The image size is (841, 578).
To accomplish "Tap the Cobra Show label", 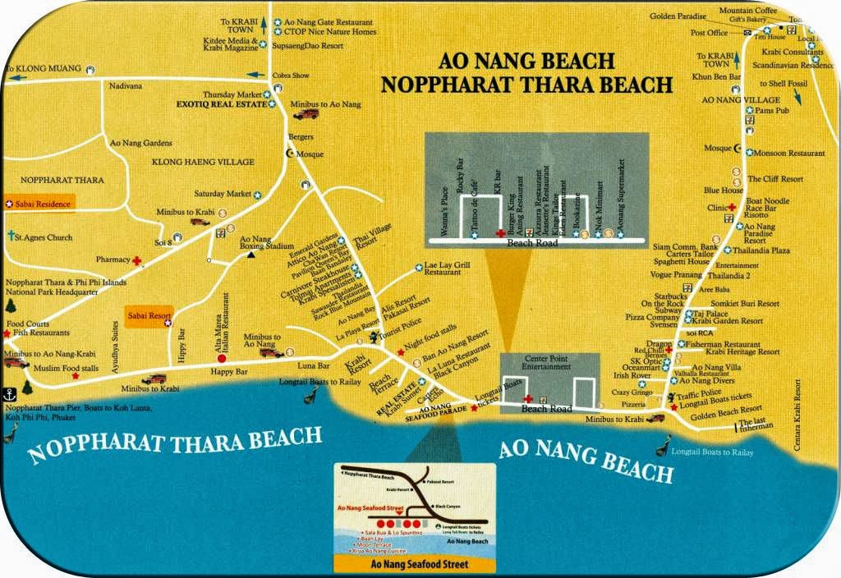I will click(292, 76).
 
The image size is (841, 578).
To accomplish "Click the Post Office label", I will click(708, 34).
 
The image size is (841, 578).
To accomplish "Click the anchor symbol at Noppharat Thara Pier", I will click(10, 392).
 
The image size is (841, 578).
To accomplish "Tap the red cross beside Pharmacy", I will click(137, 260).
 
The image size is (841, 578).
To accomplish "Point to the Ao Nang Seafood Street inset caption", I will click(414, 564).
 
